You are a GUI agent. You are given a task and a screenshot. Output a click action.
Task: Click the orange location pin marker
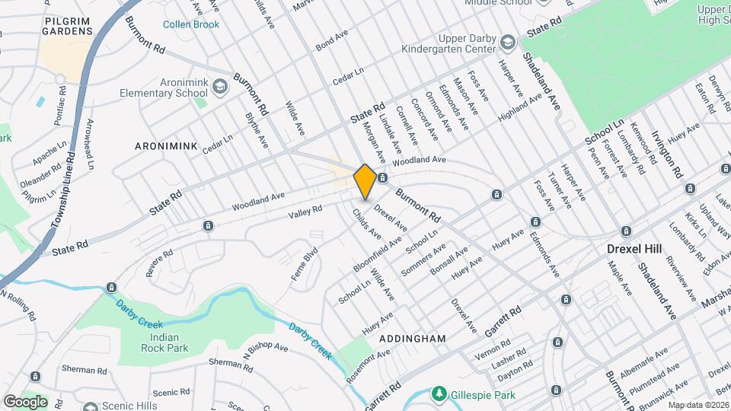365,182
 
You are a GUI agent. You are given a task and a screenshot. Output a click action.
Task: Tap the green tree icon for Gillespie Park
439,393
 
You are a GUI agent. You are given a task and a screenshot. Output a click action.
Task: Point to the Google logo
24,401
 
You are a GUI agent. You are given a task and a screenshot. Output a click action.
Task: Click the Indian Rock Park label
164,342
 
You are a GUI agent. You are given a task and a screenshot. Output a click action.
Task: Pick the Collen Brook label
191,24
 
